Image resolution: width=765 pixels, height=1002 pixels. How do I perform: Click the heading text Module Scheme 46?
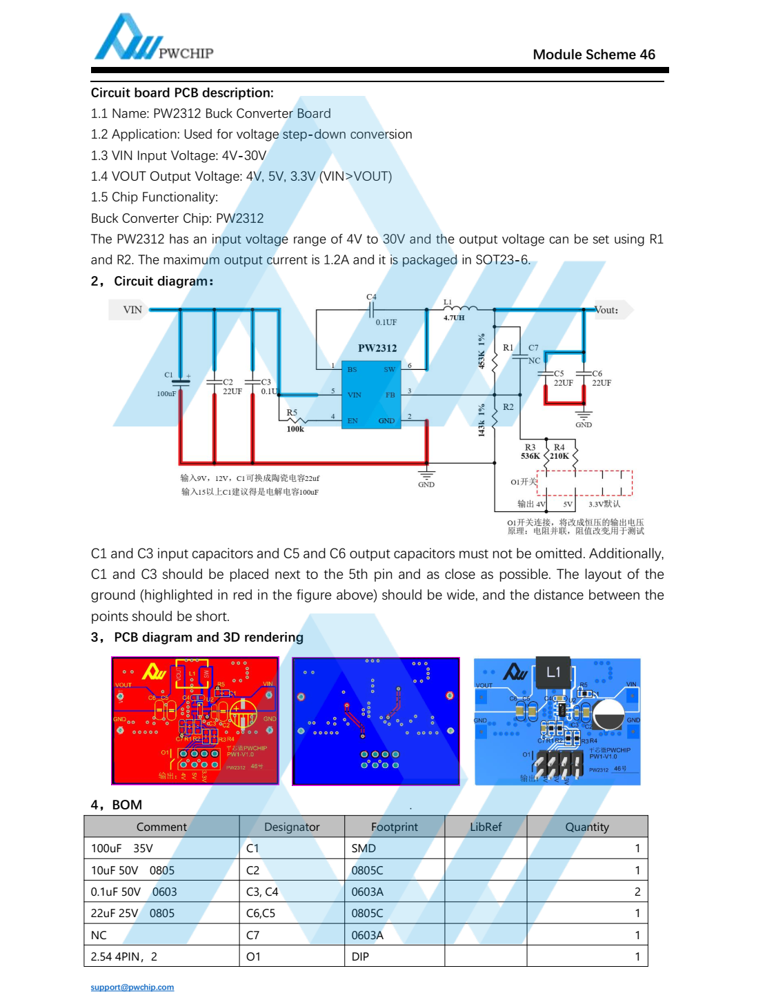point(593,55)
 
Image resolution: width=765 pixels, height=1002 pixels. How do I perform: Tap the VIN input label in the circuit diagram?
point(132,310)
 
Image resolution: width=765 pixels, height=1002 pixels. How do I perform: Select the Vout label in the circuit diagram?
point(607,310)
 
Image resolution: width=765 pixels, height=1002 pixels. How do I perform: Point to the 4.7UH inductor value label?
point(454,318)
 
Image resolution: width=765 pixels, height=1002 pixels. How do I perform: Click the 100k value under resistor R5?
point(295,429)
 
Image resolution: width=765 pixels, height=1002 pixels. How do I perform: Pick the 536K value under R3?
point(530,456)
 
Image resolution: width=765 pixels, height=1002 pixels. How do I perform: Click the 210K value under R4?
point(559,456)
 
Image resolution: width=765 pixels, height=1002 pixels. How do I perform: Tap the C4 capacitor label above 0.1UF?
point(371,297)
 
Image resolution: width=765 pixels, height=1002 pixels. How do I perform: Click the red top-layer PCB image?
point(195,720)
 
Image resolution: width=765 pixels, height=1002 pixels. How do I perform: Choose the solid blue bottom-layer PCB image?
point(376,720)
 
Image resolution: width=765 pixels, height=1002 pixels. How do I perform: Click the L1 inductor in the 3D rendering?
point(553,672)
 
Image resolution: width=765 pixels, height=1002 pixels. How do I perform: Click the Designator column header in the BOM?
point(292,827)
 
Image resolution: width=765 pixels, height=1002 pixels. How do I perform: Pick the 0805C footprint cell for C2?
point(367,870)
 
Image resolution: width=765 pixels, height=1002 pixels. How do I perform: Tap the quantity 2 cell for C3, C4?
point(637,892)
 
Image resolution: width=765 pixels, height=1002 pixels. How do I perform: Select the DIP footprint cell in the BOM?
point(360,956)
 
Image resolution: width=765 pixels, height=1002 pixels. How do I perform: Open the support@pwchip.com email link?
point(132,987)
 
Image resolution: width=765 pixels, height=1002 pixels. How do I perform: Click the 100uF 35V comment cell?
point(122,848)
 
